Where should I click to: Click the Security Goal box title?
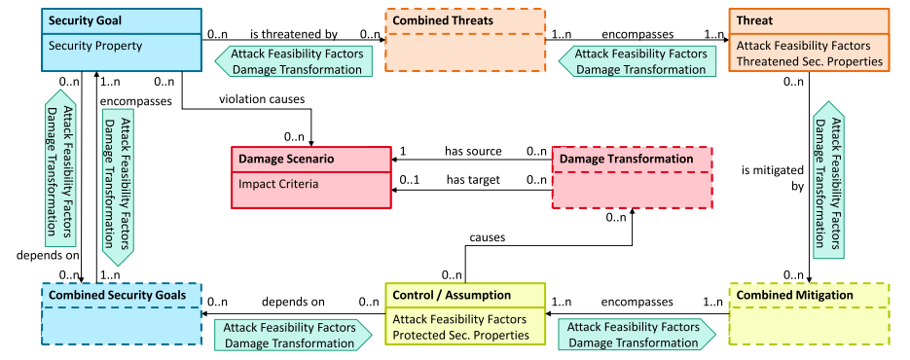85,20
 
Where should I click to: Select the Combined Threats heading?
443,20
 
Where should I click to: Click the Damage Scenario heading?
286,160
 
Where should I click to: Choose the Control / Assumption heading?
452,295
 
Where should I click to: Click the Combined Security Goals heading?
117,295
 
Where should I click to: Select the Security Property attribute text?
95,46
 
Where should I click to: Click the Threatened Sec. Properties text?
809,61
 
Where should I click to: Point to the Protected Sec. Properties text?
460,335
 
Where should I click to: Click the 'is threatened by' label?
294,35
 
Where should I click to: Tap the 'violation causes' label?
262,99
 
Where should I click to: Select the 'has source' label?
473,152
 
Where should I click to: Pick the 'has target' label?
473,180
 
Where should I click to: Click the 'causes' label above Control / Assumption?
487,237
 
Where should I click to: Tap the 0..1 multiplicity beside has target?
409,180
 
